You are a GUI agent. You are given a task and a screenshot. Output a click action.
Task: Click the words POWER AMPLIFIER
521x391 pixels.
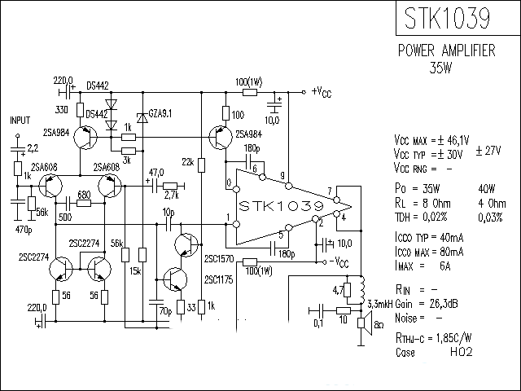tap(446, 51)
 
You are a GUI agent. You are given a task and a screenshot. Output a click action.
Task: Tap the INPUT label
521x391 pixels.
tap(20, 120)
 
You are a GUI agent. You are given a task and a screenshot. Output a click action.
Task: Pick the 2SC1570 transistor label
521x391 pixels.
tap(219, 259)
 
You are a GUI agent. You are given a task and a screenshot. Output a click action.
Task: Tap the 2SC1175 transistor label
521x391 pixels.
tap(219, 279)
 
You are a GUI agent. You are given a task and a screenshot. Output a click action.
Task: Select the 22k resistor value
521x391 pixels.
tap(188, 163)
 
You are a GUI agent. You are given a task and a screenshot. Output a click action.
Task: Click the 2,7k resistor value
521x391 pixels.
tap(171, 196)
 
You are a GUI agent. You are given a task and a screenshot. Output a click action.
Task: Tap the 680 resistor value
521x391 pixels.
tap(84, 195)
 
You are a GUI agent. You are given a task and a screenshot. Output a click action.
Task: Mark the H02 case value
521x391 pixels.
tap(462, 354)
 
